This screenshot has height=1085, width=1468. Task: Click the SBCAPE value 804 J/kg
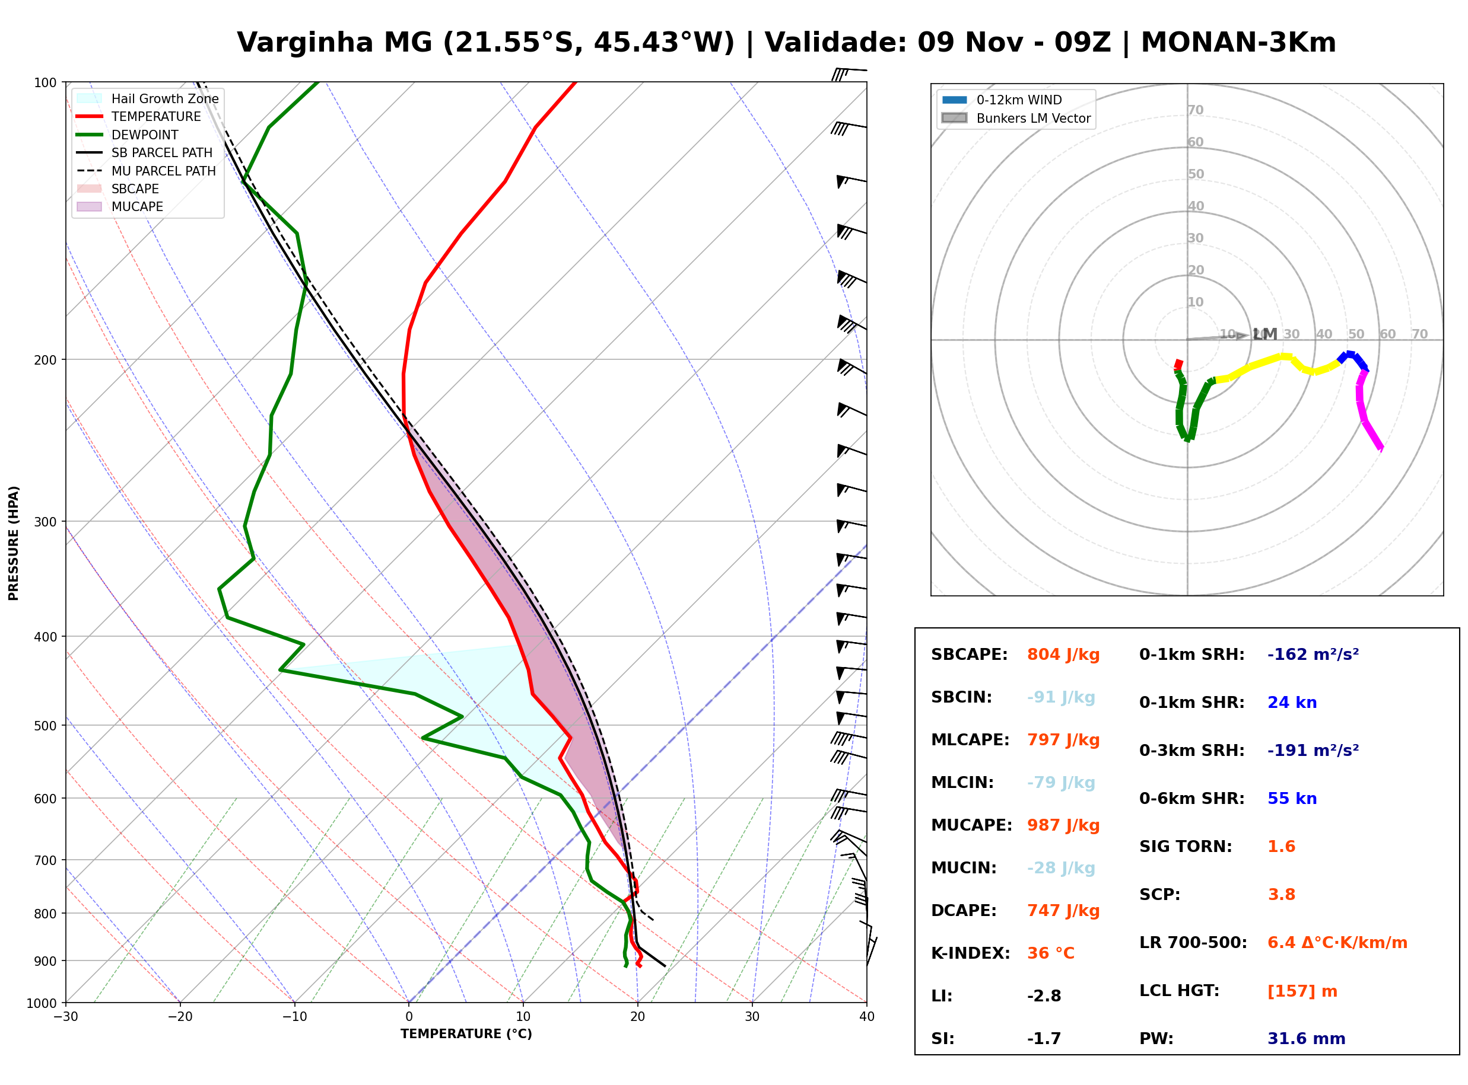(1063, 655)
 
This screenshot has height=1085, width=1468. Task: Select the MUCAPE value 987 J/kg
(1063, 825)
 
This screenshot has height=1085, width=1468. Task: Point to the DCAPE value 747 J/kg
(1063, 911)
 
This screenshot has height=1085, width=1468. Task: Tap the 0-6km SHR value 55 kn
(1292, 799)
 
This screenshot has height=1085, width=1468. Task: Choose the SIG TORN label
(1186, 847)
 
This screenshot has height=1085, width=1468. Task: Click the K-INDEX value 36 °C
(1051, 953)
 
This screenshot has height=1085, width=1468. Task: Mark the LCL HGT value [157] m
(1302, 991)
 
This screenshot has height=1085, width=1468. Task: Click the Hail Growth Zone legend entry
(148, 98)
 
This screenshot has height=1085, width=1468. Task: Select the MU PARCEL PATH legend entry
(146, 171)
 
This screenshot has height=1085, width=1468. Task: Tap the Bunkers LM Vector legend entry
(1016, 118)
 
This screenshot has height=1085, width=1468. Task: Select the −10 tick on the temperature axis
(294, 1017)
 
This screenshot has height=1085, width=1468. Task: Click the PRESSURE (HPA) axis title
(14, 543)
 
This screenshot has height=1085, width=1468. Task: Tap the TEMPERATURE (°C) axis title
(466, 1035)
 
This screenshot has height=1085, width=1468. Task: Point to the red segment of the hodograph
(1178, 365)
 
